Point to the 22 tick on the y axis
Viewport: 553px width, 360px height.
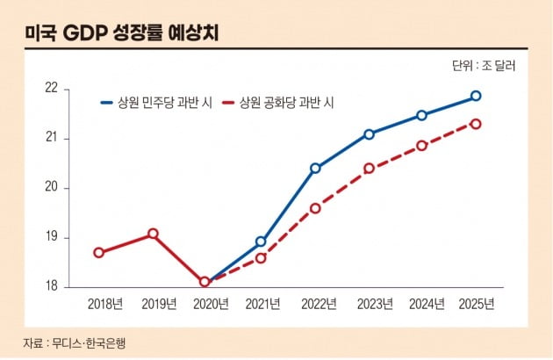click(x=51, y=89)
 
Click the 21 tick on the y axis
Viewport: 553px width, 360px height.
click(x=51, y=138)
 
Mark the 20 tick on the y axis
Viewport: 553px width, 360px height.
click(x=51, y=188)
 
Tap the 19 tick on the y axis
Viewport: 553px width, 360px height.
click(x=51, y=237)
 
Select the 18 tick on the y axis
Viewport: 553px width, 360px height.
click(x=51, y=286)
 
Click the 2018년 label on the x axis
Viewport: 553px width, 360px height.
click(x=105, y=305)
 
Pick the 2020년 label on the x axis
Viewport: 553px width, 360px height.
click(x=211, y=305)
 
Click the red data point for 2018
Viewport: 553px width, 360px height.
click(x=98, y=253)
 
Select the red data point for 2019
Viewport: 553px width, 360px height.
click(x=153, y=234)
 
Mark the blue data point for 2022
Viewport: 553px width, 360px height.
click(x=315, y=168)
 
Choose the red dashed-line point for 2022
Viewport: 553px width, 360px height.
click(x=315, y=208)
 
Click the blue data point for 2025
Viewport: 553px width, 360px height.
click(x=476, y=96)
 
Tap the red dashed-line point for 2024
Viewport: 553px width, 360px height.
click(x=421, y=146)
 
